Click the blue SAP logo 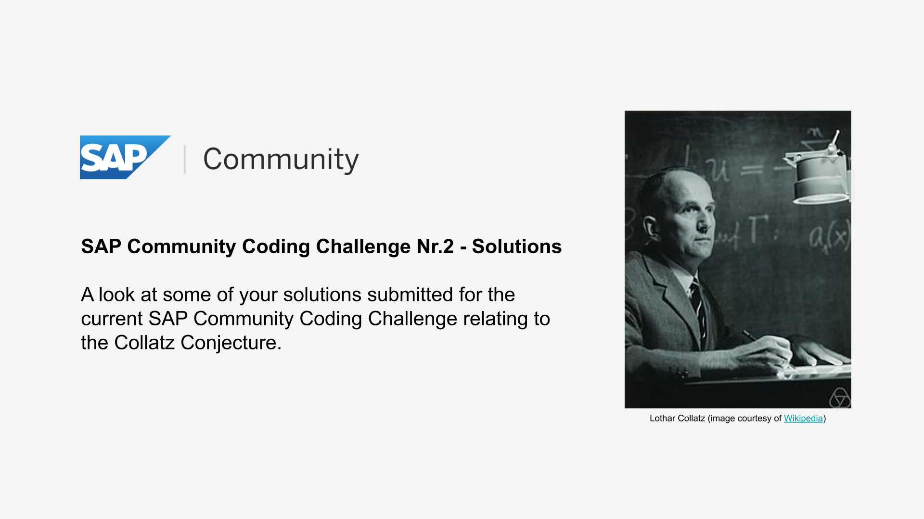pyautogui.click(x=125, y=157)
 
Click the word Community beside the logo pyautogui.click(x=281, y=160)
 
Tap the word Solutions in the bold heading pyautogui.click(x=517, y=247)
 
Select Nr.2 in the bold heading pyautogui.click(x=435, y=247)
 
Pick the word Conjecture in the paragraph pyautogui.click(x=231, y=343)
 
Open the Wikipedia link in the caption pyautogui.click(x=803, y=419)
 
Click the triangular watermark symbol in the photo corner pyautogui.click(x=840, y=397)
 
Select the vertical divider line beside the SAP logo pyautogui.click(x=185, y=159)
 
